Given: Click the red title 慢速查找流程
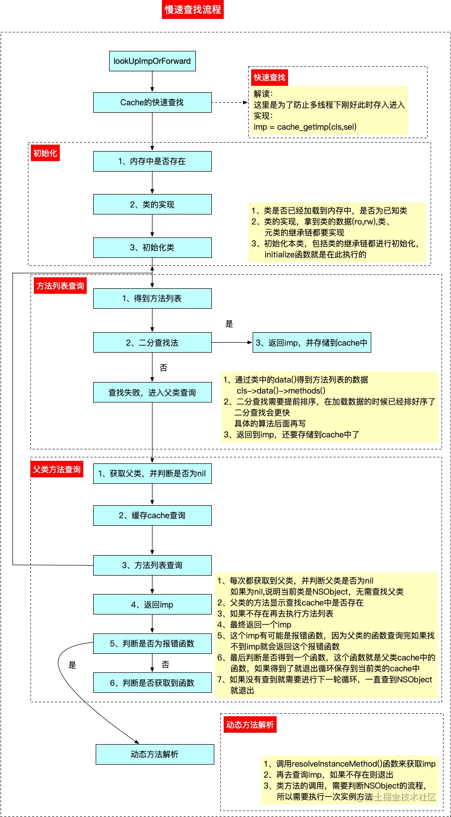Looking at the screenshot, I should (192, 9).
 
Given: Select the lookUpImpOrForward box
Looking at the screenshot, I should (152, 61).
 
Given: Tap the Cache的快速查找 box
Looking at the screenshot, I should (152, 102).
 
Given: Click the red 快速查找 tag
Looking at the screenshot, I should (269, 77).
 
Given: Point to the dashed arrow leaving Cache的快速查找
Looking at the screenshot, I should (230, 102).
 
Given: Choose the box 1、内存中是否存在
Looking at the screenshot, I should (152, 161).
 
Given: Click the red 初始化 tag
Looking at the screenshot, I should (45, 153).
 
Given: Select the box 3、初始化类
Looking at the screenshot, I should (152, 247).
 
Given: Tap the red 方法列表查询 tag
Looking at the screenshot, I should (60, 286).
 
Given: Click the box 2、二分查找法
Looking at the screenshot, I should (152, 343).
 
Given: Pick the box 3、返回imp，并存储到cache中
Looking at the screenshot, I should (311, 343).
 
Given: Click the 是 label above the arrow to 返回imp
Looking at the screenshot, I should (229, 324).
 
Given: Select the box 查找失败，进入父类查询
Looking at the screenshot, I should (152, 393).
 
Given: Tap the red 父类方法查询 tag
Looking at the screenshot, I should (56, 469).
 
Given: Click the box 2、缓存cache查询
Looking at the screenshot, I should (152, 515).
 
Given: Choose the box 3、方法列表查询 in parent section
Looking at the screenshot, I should (152, 565).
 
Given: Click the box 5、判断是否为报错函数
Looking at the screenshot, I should (152, 643).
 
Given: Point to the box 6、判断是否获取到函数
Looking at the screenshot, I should (152, 683).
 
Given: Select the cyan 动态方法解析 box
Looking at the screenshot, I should (154, 754).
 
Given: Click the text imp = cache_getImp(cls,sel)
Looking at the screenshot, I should (305, 127).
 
